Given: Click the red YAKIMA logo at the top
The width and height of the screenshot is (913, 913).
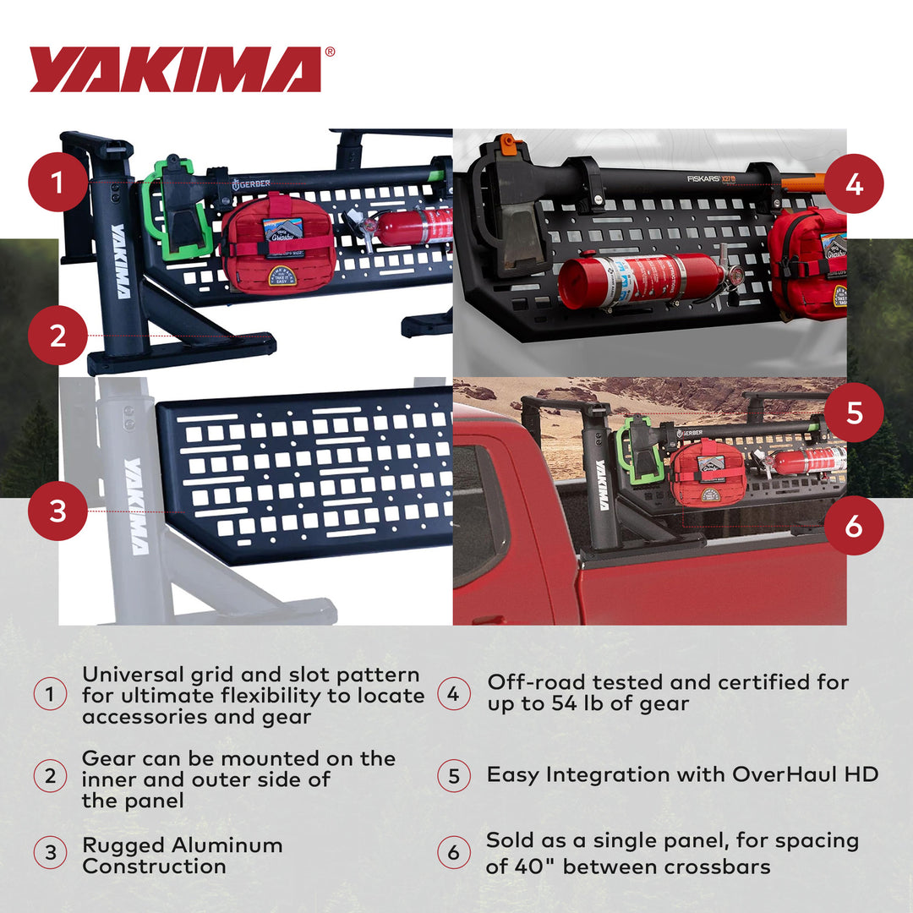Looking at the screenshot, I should (x=176, y=69).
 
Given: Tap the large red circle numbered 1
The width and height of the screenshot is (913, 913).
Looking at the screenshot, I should (x=57, y=181).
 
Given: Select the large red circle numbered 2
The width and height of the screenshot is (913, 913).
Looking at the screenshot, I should (x=57, y=336).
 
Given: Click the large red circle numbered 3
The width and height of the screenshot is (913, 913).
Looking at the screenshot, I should (x=57, y=511).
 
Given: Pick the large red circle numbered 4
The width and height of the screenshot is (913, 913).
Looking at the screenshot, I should (x=854, y=183).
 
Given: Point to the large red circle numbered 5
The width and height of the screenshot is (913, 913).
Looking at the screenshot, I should (x=854, y=413).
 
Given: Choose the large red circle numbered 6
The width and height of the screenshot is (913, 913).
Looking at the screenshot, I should (x=854, y=525).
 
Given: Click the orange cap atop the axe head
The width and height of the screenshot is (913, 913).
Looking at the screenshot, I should (x=506, y=144).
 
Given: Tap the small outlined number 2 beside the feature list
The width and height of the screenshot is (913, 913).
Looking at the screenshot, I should (x=50, y=776).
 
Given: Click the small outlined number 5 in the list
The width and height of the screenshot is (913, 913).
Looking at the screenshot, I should (x=454, y=776).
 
